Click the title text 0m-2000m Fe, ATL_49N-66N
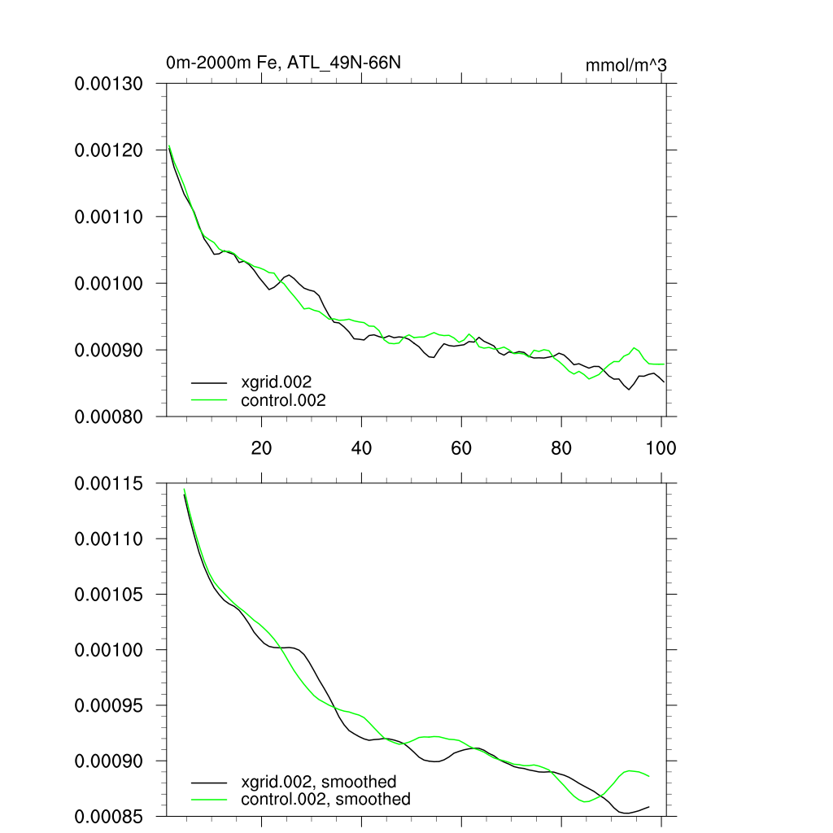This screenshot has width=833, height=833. (283, 63)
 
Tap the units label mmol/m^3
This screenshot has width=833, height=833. (626, 65)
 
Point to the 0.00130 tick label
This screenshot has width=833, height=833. (109, 84)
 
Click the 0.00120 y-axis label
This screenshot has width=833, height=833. (109, 150)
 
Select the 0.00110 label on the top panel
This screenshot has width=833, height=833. (109, 217)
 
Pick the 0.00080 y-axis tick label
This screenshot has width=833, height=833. (109, 416)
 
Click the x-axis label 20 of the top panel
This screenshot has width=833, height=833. (261, 447)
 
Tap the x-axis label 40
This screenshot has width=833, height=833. (361, 447)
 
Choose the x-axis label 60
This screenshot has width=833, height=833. (461, 447)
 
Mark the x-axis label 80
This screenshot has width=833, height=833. (561, 447)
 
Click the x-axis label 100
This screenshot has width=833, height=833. (660, 447)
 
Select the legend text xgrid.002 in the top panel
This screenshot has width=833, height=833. (277, 382)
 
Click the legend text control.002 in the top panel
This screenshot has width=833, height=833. (283, 400)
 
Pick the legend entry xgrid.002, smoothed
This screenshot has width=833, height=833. (319, 782)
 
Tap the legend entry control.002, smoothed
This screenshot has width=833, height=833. (325, 800)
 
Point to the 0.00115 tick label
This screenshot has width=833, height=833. (109, 484)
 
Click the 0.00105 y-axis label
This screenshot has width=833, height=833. (109, 595)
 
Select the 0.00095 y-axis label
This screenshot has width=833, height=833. (109, 705)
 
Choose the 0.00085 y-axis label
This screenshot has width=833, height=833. (109, 816)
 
